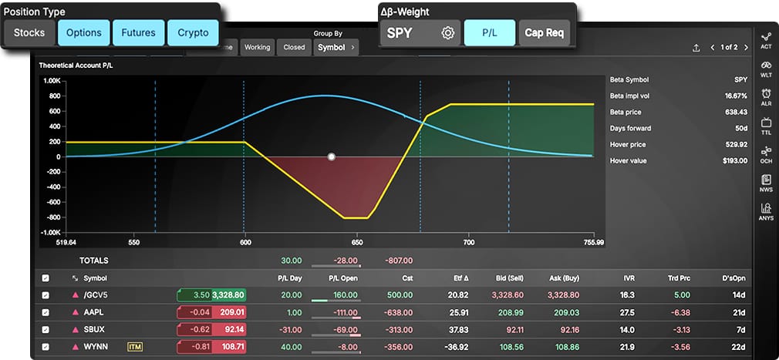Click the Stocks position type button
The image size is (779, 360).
pyautogui.click(x=29, y=33)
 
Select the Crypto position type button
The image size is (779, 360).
pyautogui.click(x=193, y=33)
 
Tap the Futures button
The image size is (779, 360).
pyautogui.click(x=139, y=33)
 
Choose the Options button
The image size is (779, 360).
pyautogui.click(x=84, y=33)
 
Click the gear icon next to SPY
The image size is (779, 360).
pyautogui.click(x=447, y=33)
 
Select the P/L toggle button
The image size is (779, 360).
pyautogui.click(x=490, y=33)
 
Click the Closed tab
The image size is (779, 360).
pyautogui.click(x=294, y=47)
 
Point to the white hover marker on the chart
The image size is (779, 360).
pyautogui.click(x=332, y=156)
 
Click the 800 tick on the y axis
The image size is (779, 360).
pyautogui.click(x=52, y=96)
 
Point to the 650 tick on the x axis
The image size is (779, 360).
pyautogui.click(x=357, y=242)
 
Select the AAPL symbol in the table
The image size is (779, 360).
pyautogui.click(x=93, y=312)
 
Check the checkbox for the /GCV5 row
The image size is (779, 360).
pyautogui.click(x=46, y=295)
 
